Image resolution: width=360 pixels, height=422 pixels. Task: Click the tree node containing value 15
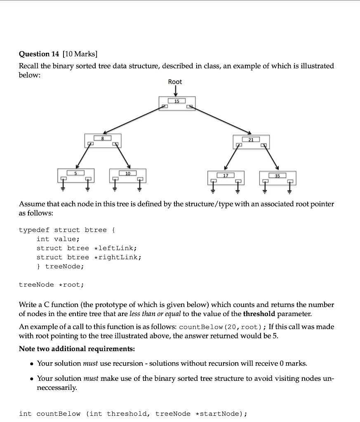(177, 103)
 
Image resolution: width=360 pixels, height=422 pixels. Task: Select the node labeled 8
(102, 141)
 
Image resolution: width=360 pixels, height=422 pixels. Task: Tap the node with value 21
(251, 141)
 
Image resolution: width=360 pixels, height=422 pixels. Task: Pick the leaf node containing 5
(75, 175)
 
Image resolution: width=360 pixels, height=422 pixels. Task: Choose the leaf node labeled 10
(128, 176)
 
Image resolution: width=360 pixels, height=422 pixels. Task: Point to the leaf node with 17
(226, 177)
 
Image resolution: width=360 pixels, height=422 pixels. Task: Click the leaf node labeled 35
(278, 178)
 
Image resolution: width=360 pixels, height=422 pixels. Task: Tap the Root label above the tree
(175, 82)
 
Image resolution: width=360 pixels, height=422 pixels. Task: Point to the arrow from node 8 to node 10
(123, 157)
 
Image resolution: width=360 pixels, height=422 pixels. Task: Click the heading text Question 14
(40, 54)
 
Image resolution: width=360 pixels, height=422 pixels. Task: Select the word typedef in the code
(34, 230)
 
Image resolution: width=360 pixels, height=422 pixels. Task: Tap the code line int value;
(57, 239)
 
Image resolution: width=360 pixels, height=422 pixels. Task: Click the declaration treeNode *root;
(51, 284)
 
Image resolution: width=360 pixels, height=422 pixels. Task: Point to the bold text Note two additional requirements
(77, 349)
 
